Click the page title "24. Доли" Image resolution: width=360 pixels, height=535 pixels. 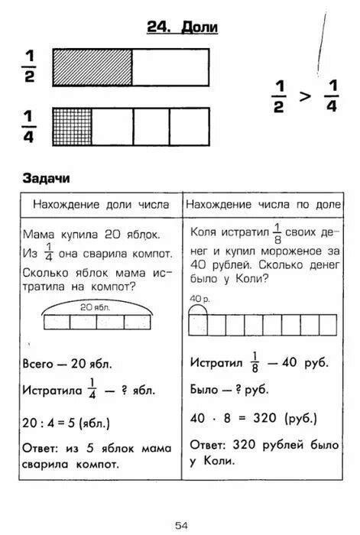pos(183,28)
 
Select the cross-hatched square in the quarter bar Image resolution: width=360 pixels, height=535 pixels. pos(72,126)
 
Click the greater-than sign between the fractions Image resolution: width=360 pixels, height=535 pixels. pos(304,96)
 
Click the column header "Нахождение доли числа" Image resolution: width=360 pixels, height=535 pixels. pos(100,205)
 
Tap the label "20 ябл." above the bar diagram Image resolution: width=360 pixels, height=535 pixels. pos(96,306)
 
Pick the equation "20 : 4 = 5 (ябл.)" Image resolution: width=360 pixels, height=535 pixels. pos(66,422)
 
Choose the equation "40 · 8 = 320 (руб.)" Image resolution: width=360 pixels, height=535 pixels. pos(253,418)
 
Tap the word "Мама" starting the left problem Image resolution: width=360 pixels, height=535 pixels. pos(38,234)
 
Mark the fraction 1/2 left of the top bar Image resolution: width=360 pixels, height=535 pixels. pos(30,67)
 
